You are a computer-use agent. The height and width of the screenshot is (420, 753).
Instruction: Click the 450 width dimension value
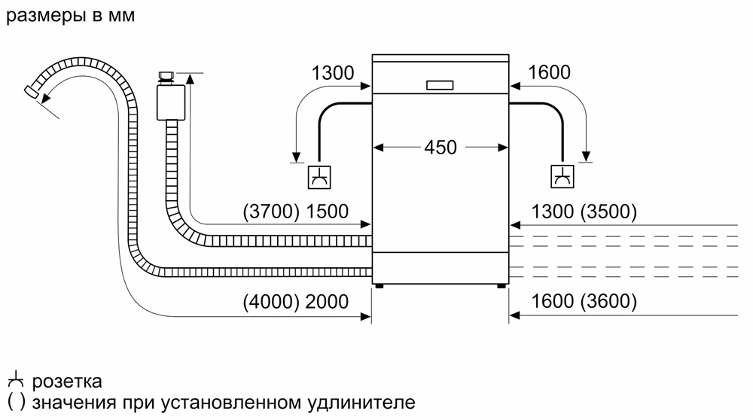441,148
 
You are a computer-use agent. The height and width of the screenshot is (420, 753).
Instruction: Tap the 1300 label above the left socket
332,73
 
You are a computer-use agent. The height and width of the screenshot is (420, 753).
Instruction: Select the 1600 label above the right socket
550,73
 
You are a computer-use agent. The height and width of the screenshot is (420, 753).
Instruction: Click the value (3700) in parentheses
271,213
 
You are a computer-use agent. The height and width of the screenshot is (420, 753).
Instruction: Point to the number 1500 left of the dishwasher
328,213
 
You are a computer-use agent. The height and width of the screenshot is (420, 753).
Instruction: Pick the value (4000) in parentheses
271,303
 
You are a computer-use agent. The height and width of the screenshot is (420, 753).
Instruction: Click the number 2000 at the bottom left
328,303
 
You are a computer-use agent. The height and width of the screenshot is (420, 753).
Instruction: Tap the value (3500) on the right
608,213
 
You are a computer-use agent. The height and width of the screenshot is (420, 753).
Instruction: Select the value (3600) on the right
608,303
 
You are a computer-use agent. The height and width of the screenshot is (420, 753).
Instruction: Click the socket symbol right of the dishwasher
562,177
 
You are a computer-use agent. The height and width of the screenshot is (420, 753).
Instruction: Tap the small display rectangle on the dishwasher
441,85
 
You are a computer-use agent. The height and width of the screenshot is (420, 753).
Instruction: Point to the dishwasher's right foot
500,286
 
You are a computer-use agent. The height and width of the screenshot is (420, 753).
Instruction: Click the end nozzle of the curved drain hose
32,91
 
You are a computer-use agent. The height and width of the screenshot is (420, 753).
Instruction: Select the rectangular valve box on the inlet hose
166,102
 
